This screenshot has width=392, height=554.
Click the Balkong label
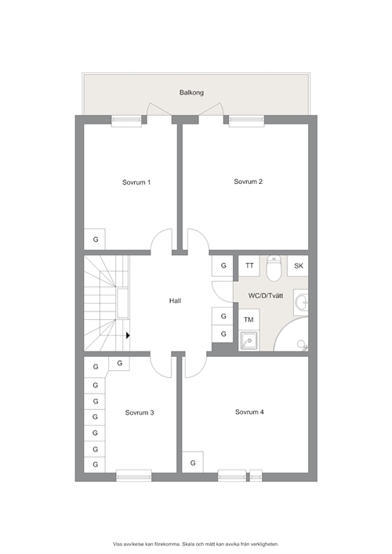(191, 92)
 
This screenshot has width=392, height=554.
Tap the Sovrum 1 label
(136, 182)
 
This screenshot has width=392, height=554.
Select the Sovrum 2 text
(248, 182)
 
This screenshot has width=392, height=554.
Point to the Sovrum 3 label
(140, 412)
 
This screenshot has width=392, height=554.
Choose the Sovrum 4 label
(249, 412)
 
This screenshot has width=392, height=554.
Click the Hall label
(175, 300)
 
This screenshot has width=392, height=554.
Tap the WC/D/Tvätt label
(266, 296)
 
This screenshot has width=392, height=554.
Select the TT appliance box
(249, 266)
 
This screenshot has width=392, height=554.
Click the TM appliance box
(249, 320)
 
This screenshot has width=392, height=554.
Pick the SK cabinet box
(298, 266)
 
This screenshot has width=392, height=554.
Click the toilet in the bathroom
(274, 268)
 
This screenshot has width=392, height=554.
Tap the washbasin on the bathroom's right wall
(301, 302)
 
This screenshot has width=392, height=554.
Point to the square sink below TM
(249, 340)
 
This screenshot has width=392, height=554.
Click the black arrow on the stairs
(128, 336)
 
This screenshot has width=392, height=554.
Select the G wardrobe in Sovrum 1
(95, 239)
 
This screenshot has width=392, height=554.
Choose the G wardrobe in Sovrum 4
(193, 462)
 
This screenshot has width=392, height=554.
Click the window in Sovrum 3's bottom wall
(134, 476)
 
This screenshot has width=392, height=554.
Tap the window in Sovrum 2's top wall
(246, 121)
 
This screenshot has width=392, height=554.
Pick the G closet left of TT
(223, 266)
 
